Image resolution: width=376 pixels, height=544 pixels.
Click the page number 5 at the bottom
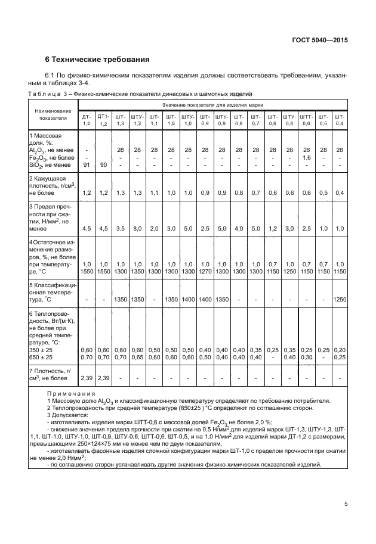346,504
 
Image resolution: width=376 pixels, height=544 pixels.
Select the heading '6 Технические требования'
97,60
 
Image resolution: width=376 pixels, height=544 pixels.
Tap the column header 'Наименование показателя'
53,114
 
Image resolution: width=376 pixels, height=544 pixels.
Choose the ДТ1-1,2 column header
103,119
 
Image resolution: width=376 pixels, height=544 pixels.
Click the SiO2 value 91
87,165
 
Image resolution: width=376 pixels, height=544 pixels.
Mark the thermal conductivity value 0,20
340,349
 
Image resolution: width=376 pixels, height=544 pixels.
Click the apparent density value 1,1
154,193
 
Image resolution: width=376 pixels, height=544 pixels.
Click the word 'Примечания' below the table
71,393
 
